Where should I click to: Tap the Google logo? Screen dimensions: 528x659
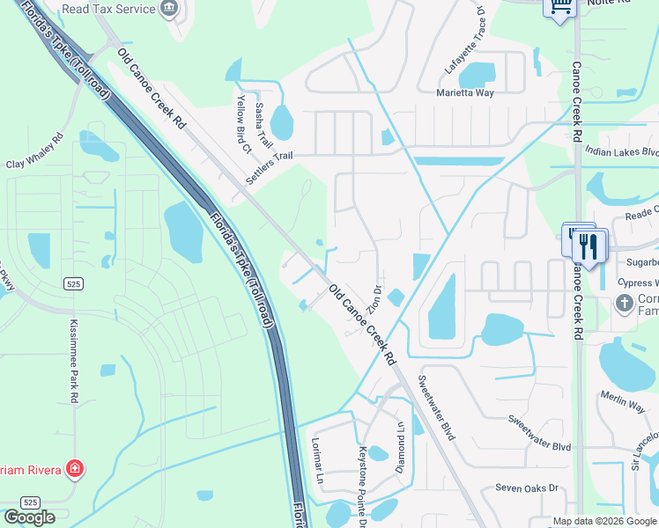click(29, 517)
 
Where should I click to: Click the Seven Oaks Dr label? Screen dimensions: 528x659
click(527, 487)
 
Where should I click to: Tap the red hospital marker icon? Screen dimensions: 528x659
click(76, 467)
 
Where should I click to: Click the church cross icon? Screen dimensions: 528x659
click(624, 304)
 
